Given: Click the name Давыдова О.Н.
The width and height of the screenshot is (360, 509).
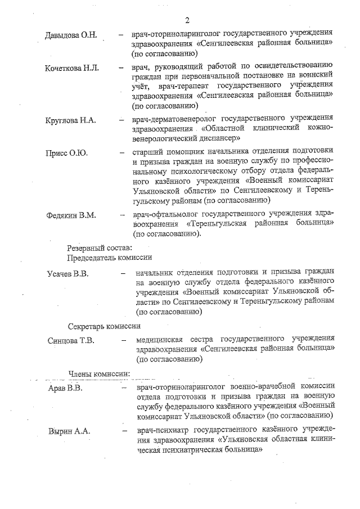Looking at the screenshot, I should click(71, 35).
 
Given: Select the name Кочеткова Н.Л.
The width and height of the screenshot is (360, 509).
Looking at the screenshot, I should click(72, 68).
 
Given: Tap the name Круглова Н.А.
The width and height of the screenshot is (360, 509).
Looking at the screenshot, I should click(70, 120).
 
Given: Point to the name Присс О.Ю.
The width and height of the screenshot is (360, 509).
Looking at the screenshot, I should click(65, 152).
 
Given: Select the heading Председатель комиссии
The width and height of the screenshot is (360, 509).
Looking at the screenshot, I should click(110, 257).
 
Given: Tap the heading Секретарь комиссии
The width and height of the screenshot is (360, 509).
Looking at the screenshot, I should click(104, 326).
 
